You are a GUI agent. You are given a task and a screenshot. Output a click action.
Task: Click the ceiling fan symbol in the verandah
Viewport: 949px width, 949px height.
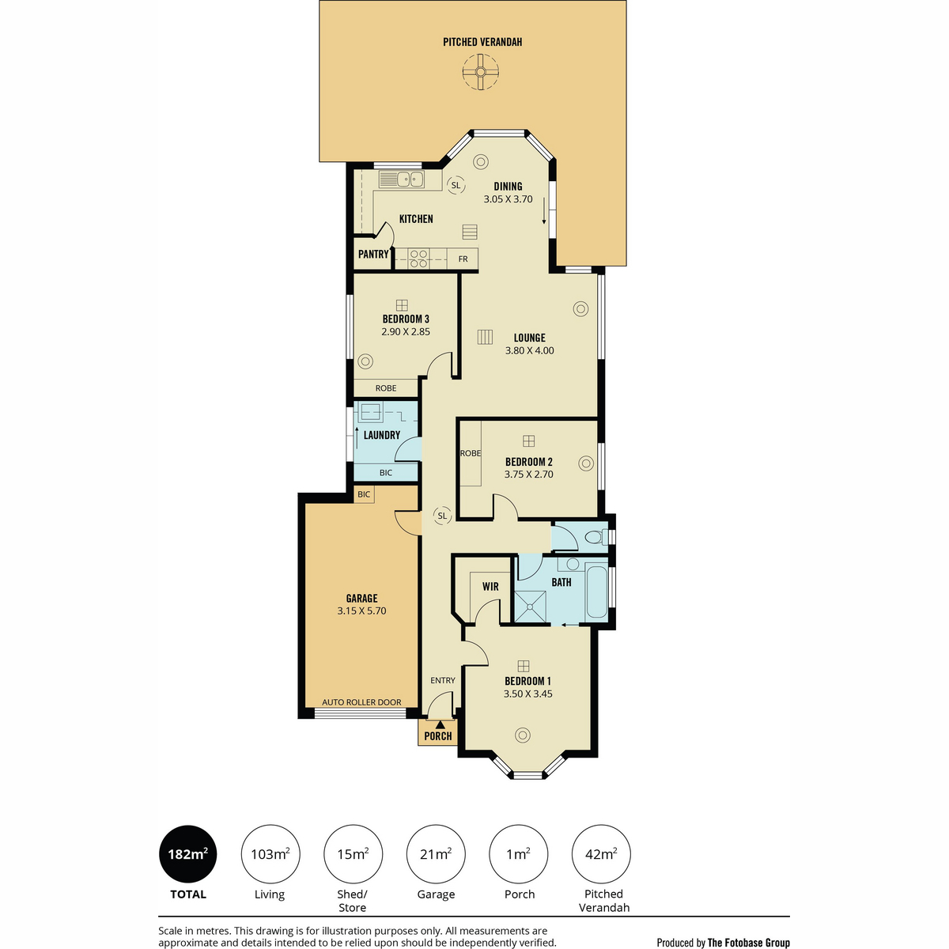480,73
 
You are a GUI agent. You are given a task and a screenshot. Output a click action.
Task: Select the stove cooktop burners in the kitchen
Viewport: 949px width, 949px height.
418,259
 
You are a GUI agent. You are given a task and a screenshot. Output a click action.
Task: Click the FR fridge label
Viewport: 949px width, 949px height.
463,259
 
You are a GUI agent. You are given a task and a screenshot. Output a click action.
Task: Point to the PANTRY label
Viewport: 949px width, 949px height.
373,254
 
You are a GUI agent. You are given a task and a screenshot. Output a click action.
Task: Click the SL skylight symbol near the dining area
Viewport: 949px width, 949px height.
456,185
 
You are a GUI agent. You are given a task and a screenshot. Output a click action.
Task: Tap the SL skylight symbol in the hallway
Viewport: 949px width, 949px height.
442,516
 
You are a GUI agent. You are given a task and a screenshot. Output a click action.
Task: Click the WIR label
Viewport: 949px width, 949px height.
490,587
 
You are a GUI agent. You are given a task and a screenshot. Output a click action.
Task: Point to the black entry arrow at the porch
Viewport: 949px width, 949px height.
440,724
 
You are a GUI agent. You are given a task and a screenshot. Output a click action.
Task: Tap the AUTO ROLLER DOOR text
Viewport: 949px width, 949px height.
361,702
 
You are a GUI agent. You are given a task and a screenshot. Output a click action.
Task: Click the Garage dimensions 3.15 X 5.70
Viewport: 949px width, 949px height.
361,611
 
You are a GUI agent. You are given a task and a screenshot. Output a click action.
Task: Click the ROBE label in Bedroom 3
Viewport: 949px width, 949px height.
386,388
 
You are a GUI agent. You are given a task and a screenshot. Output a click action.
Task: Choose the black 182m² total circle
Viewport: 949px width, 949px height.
187,853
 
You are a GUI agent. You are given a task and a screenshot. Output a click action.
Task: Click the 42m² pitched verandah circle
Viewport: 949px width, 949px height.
601,854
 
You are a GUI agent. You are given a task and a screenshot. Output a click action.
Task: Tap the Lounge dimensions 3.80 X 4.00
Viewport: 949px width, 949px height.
529,350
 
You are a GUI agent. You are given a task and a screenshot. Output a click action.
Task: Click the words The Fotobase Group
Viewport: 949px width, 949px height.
749,943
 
